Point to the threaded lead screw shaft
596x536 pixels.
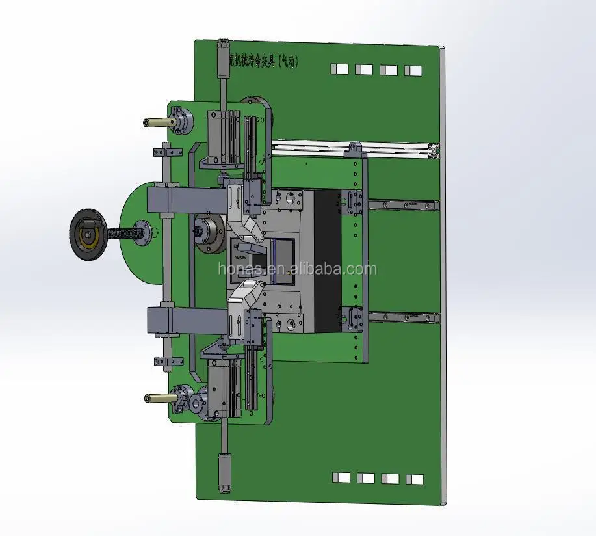point(123,232)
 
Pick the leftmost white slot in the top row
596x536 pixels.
point(339,69)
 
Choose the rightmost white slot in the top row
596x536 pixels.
point(413,70)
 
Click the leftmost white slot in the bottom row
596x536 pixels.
point(340,477)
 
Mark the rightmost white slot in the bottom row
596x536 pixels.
point(414,479)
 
